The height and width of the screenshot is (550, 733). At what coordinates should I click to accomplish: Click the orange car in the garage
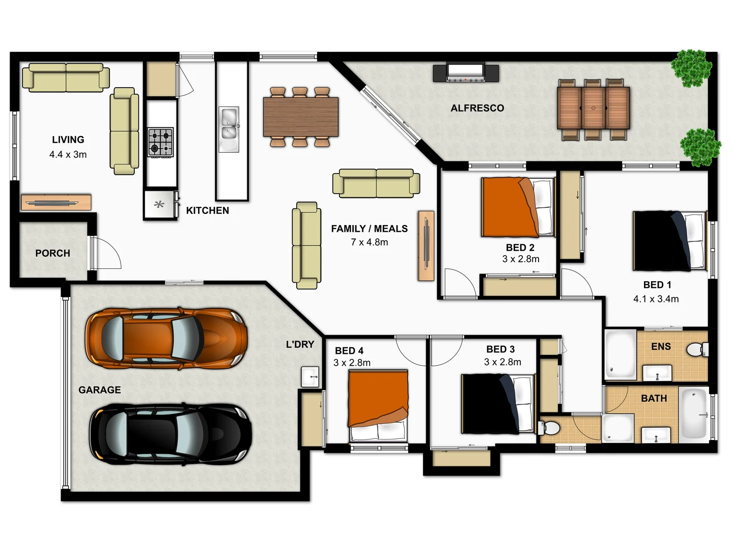[166, 337]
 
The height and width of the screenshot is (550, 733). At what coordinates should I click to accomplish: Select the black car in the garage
[171, 434]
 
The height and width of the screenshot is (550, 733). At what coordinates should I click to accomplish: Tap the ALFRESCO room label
[477, 108]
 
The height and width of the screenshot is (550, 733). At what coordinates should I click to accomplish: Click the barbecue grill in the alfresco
[465, 73]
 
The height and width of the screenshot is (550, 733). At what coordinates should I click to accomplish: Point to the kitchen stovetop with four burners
[160, 142]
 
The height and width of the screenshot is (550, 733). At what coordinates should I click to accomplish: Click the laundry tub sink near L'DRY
[310, 377]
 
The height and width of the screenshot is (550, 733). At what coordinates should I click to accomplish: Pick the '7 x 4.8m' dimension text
[369, 242]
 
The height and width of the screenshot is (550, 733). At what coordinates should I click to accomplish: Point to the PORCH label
[52, 253]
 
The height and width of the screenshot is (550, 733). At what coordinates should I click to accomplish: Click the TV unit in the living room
[56, 202]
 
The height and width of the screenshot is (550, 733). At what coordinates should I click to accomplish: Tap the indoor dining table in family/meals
[300, 117]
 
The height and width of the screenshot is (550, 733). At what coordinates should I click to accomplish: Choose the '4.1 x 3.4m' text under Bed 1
[656, 299]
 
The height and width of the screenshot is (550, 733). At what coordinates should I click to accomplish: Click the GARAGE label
[99, 390]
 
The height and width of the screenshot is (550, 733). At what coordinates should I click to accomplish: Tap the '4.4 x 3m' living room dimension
[68, 154]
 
